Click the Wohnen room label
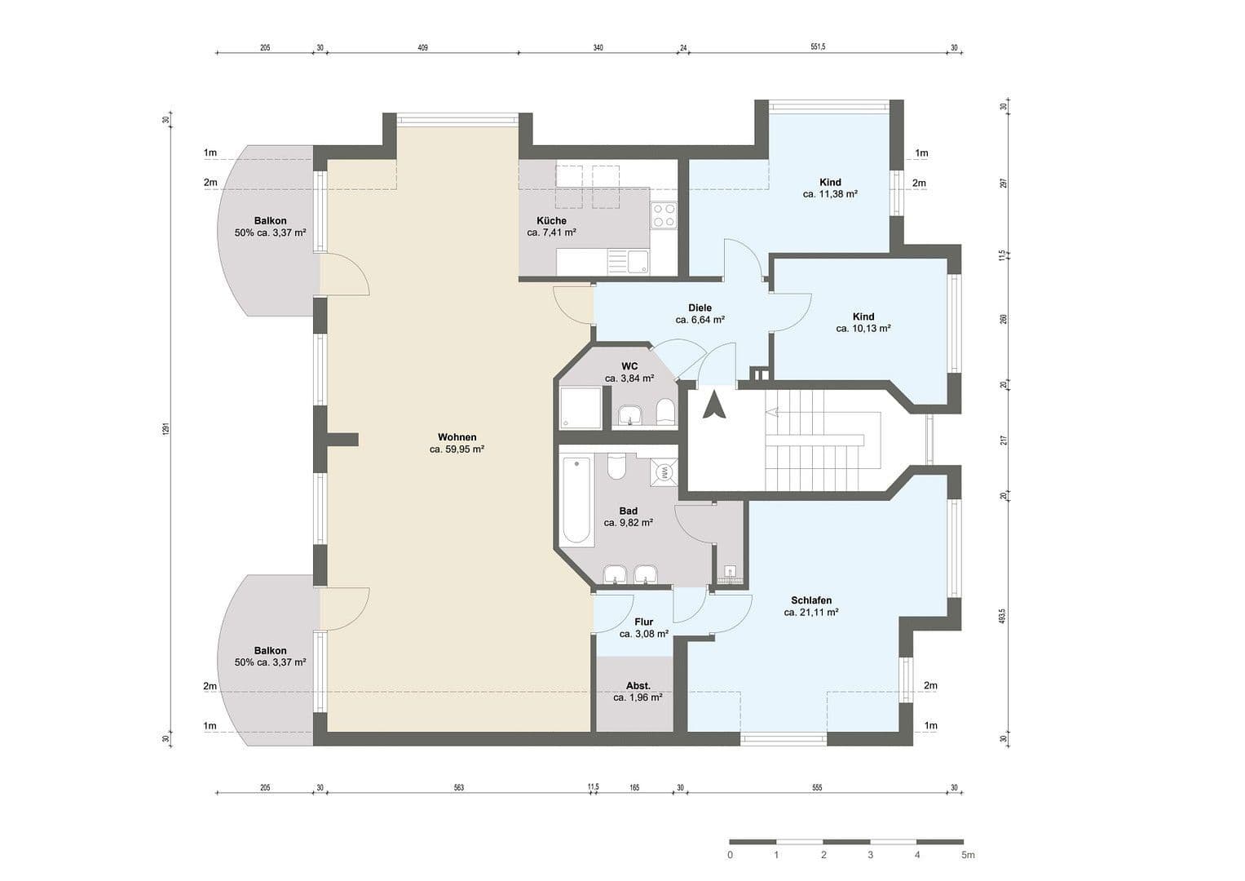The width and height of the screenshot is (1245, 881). (x=457, y=436)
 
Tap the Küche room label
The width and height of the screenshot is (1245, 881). (x=551, y=221)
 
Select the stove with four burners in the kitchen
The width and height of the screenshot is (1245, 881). (x=663, y=215)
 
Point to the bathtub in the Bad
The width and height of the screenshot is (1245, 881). (x=577, y=499)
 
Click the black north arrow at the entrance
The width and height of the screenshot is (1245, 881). (x=714, y=405)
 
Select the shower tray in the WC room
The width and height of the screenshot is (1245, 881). (x=581, y=408)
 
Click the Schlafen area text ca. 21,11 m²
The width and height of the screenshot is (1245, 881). (x=811, y=612)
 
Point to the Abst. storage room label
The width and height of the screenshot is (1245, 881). (x=638, y=686)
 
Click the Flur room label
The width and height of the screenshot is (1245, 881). (x=643, y=622)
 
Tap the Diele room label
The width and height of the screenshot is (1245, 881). (x=700, y=308)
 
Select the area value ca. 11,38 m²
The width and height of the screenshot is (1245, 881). (x=830, y=194)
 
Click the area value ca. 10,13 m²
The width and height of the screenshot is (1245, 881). (x=863, y=329)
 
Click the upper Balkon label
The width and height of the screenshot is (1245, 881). (x=270, y=221)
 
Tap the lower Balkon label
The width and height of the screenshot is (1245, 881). (x=270, y=650)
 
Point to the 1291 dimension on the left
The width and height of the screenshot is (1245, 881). (x=165, y=428)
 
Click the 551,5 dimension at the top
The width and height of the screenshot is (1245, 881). (x=818, y=47)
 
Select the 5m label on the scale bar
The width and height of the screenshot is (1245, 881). (x=967, y=855)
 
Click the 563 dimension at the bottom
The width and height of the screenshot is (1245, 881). (x=458, y=787)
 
